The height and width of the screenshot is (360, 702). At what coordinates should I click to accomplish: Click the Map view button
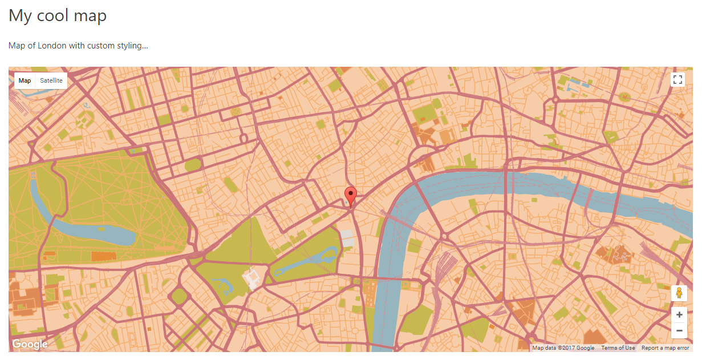pyautogui.click(x=25, y=81)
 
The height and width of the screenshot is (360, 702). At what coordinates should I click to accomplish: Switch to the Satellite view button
pyautogui.click(x=51, y=81)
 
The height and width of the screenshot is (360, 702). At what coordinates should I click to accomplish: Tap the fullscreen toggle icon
pyautogui.click(x=677, y=80)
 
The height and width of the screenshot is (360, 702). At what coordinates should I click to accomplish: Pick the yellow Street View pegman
pyautogui.click(x=679, y=293)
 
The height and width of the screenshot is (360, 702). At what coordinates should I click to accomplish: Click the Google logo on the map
pyautogui.click(x=30, y=345)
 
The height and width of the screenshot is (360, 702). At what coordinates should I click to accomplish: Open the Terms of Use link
pyautogui.click(x=618, y=348)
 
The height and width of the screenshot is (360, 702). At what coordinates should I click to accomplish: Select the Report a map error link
pyautogui.click(x=665, y=348)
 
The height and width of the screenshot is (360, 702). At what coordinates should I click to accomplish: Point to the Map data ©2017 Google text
pyautogui.click(x=563, y=348)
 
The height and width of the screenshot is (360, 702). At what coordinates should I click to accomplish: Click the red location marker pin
pyautogui.click(x=351, y=196)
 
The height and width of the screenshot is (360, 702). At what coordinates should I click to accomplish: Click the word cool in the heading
pyautogui.click(x=55, y=15)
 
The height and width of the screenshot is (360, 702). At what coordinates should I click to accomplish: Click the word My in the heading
pyautogui.click(x=20, y=16)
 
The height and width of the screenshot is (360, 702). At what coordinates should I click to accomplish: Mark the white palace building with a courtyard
pyautogui.click(x=251, y=278)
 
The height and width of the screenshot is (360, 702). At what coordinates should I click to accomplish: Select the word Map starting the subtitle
pyautogui.click(x=17, y=46)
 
